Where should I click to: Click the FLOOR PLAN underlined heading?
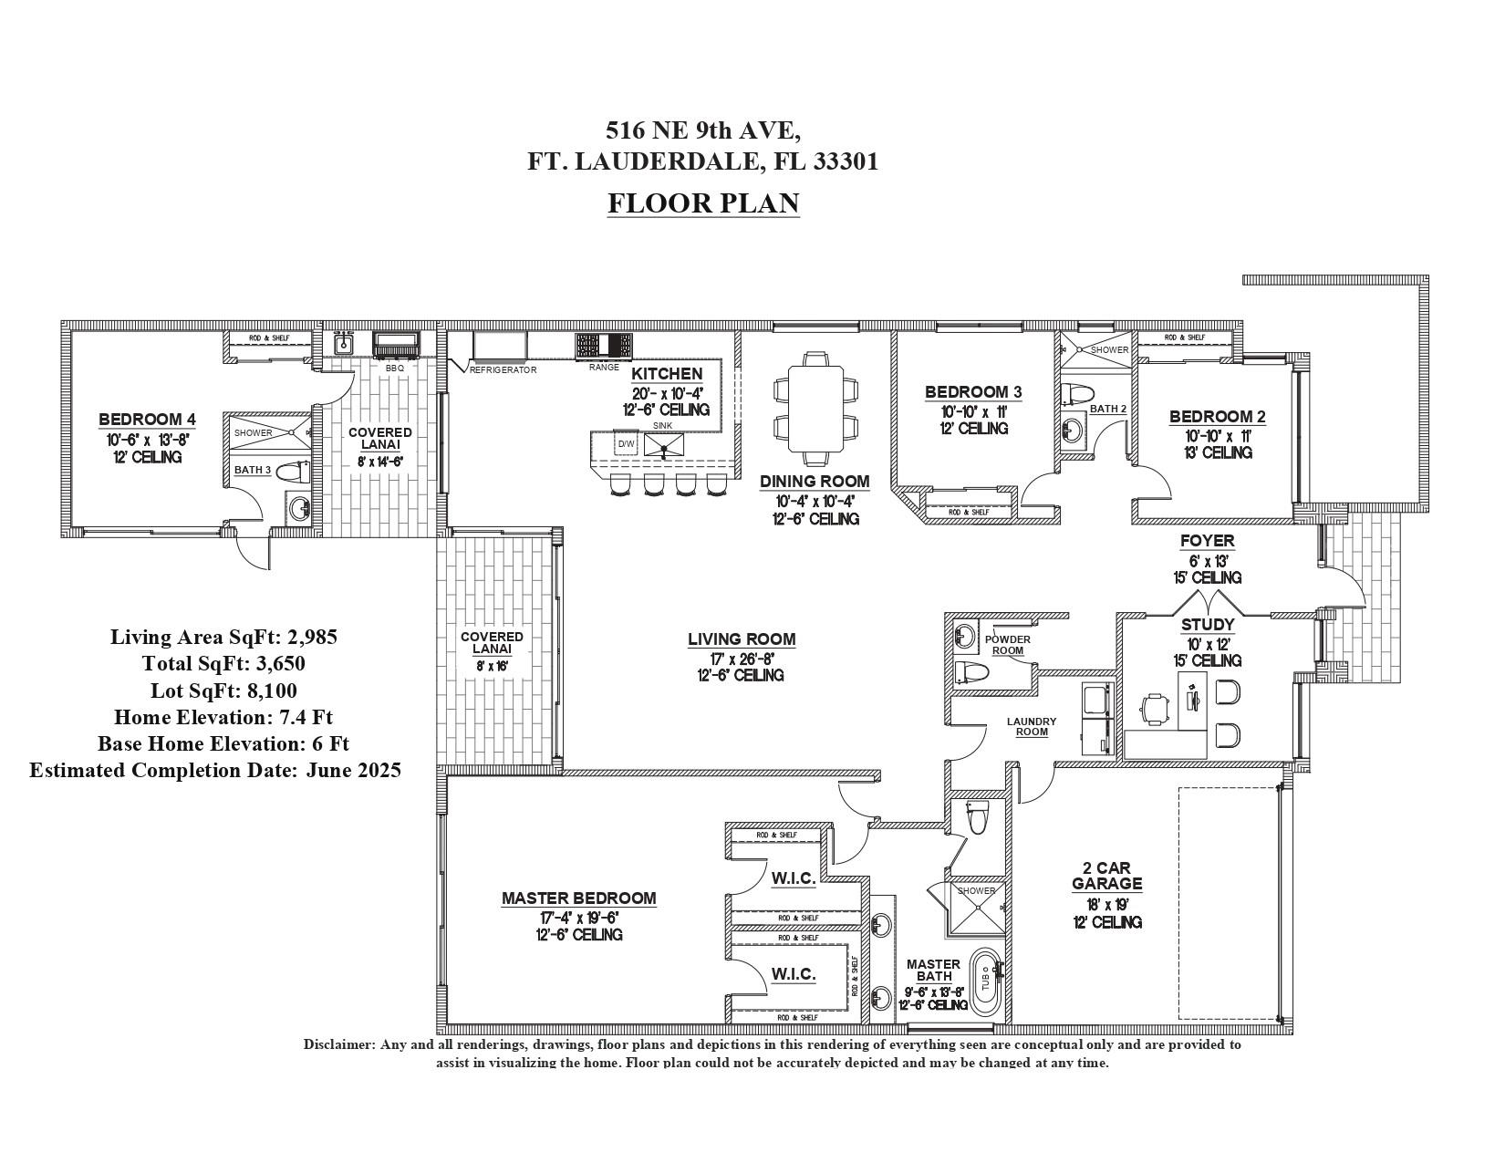(x=703, y=202)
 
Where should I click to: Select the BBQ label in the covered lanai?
(x=394, y=369)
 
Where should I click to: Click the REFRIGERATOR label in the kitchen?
(x=503, y=370)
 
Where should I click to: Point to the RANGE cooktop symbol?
(x=603, y=347)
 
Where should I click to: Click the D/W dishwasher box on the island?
(x=627, y=444)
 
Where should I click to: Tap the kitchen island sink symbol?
(x=664, y=444)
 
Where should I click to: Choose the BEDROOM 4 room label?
(x=147, y=420)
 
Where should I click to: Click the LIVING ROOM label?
(x=742, y=639)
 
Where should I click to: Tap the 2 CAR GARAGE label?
(x=1106, y=876)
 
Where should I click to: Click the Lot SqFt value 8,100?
(x=272, y=691)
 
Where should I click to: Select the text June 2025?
(x=353, y=770)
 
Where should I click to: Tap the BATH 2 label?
(x=1108, y=409)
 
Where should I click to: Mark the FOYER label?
(x=1207, y=541)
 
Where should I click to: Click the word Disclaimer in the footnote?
(x=338, y=1044)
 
